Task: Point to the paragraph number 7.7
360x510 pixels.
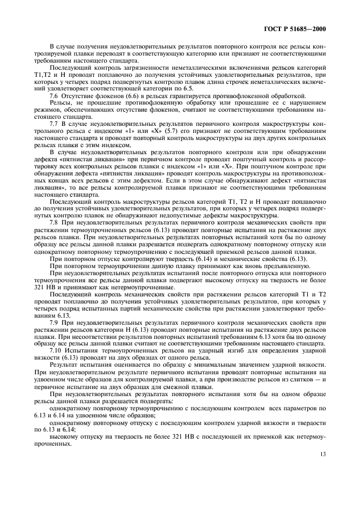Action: [54, 124]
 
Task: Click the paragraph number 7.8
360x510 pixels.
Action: [54, 223]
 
